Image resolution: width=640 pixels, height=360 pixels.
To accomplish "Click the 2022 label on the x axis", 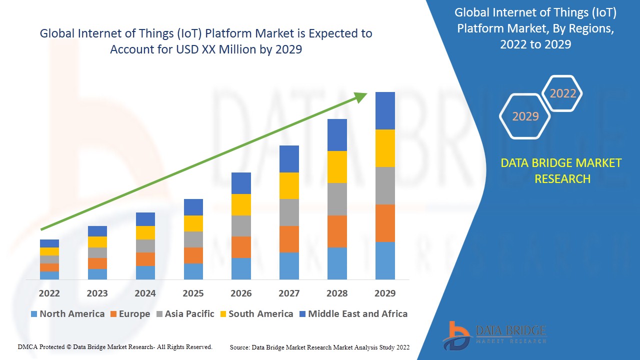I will (49, 293).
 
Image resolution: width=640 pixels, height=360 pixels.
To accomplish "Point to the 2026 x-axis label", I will (241, 293).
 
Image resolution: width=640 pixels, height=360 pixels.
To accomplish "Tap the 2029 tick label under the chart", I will (385, 293).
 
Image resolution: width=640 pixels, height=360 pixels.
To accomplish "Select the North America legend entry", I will (67, 314).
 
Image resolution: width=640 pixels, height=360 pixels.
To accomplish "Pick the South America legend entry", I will (256, 314).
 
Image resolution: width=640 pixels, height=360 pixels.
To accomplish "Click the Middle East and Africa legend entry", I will (353, 314).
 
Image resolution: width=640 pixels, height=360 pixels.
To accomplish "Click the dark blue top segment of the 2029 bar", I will (385, 110).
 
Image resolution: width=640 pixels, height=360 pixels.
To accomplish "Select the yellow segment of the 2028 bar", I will (337, 167).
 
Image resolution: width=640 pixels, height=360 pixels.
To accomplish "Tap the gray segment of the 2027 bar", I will (289, 212).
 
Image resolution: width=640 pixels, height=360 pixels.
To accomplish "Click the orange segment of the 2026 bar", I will (241, 247).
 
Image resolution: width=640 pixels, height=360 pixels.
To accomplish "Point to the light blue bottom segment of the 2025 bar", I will (193, 271).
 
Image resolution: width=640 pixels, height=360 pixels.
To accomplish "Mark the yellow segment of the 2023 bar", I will (97, 242).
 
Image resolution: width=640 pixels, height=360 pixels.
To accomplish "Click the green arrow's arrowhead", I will (361, 96).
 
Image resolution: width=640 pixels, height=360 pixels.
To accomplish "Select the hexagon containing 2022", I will (563, 93).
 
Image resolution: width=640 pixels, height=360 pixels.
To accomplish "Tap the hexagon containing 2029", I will (525, 116).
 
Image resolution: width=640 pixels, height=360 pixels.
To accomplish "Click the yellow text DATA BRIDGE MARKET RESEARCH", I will (561, 171).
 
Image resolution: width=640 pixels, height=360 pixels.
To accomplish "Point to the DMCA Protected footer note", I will (115, 346).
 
